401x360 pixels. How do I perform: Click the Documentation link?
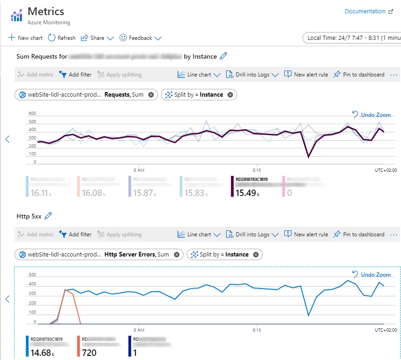pyautogui.click(x=365, y=11)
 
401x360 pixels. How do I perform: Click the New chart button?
pyautogui.click(x=25, y=38)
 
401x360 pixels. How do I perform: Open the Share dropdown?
pyautogui.click(x=98, y=38)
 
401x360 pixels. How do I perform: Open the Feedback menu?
pyautogui.click(x=141, y=38)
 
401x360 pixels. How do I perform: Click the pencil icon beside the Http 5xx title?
pyautogui.click(x=48, y=216)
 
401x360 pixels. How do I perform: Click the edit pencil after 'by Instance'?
pyautogui.click(x=223, y=56)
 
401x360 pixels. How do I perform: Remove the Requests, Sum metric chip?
pyautogui.click(x=151, y=95)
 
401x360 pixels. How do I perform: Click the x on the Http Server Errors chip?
pyautogui.click(x=176, y=255)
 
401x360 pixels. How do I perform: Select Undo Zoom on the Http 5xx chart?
pyautogui.click(x=372, y=275)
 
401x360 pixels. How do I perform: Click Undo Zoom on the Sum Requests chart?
pyautogui.click(x=372, y=115)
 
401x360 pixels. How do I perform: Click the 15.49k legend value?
pyautogui.click(x=246, y=193)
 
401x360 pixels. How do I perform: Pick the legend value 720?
pyautogui.click(x=89, y=353)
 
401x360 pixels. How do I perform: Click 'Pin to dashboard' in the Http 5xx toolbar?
pyautogui.click(x=359, y=235)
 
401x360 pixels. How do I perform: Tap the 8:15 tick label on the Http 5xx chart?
pyautogui.click(x=257, y=330)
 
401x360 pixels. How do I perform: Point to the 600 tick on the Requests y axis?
pyautogui.click(x=32, y=114)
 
